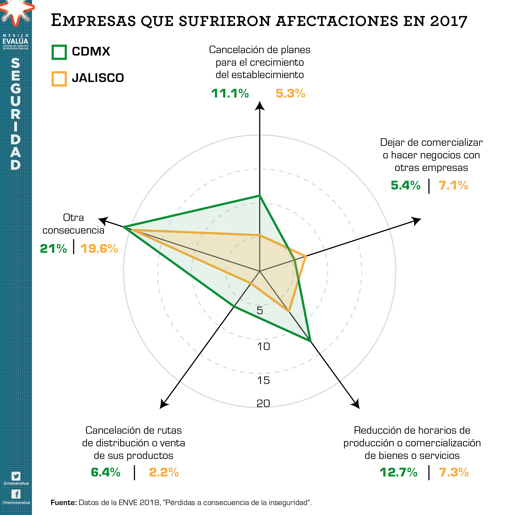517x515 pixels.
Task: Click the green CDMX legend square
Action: [59, 52]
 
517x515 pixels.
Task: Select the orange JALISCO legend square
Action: [59, 79]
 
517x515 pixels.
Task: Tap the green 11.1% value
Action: [230, 93]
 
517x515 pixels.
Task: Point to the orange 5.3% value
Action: [290, 93]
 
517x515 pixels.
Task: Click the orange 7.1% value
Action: [453, 185]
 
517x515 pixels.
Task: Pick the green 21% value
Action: [53, 249]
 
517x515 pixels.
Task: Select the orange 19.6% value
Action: [99, 249]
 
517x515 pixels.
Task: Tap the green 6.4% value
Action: [105, 472]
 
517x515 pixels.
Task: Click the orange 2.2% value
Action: [164, 472]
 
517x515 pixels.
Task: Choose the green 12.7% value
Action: [399, 472]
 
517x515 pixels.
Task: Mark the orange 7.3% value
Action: [454, 472]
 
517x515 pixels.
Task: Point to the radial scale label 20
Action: [263, 403]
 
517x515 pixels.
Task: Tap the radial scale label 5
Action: [260, 311]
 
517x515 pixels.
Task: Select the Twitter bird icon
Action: [16, 476]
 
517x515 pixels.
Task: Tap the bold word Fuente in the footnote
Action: [64, 503]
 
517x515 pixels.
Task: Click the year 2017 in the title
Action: [448, 21]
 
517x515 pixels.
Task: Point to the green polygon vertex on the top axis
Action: [259, 196]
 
